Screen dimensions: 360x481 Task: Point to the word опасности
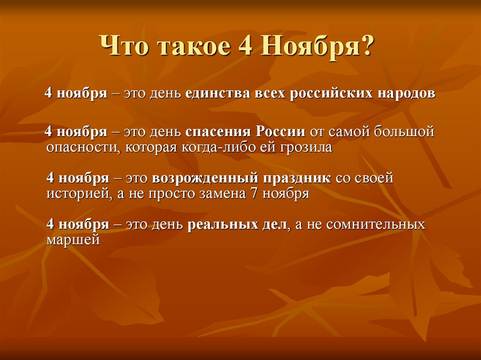[79, 148]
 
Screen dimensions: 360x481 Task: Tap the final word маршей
[73, 239]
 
